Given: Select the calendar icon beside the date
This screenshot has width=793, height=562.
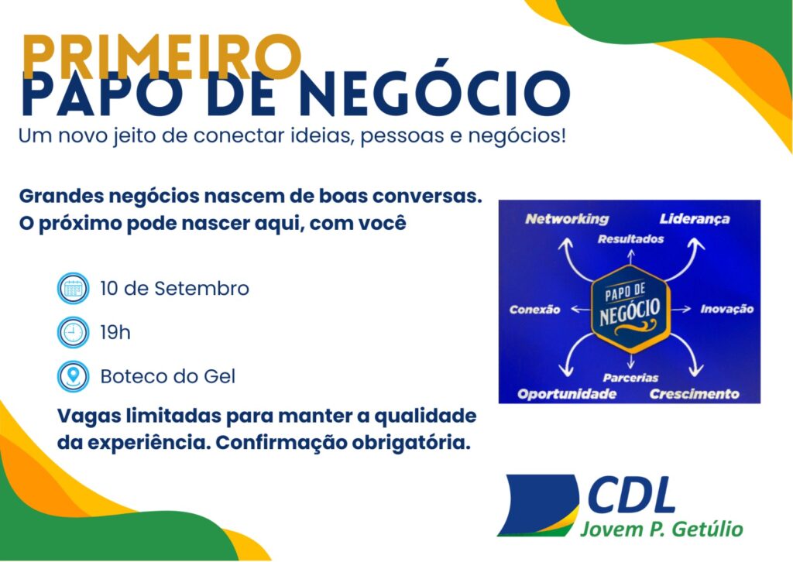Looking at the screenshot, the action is [x=74, y=289].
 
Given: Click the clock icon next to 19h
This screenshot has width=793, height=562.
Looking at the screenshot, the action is [x=74, y=333].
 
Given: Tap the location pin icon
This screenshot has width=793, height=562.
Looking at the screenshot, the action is [x=74, y=376].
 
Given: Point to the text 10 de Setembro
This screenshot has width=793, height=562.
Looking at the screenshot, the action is [x=174, y=289].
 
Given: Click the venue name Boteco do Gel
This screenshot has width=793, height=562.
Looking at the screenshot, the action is [x=168, y=376].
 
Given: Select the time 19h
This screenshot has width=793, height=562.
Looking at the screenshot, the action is [x=115, y=333].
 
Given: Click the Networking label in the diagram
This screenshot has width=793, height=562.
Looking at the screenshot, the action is [x=567, y=219].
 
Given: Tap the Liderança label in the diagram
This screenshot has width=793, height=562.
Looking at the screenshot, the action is [x=695, y=218].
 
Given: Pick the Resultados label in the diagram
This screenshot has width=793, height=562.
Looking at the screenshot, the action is [x=630, y=239].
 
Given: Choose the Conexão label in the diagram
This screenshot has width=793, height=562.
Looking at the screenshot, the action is [x=534, y=310].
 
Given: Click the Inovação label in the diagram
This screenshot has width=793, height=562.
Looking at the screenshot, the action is [x=726, y=309].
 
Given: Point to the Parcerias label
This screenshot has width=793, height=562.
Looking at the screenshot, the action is [x=630, y=378].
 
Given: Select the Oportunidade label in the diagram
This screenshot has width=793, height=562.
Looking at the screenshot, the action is [x=567, y=394].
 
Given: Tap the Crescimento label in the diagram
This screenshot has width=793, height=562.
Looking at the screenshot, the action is [x=694, y=394].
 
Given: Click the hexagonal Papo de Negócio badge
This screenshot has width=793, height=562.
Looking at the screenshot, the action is [x=630, y=309].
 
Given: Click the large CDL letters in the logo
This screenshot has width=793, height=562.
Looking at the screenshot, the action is [x=632, y=495].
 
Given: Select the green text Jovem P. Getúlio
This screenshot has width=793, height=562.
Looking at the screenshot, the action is [x=661, y=529].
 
